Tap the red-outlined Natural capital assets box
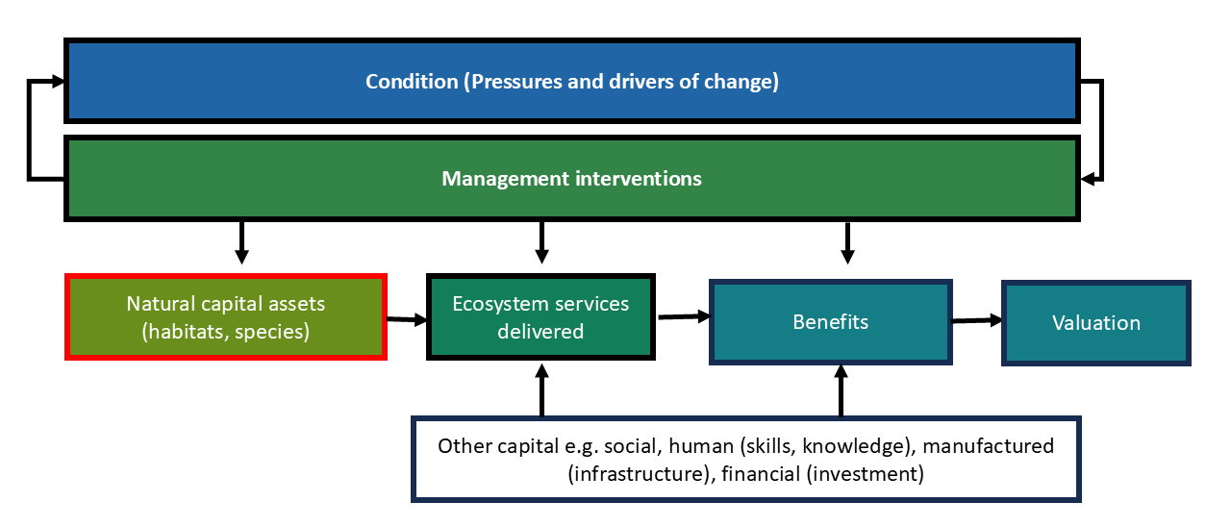pyautogui.click(x=226, y=317)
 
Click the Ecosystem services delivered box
pyautogui.click(x=540, y=317)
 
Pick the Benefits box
pyautogui.click(x=830, y=322)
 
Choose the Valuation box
pyautogui.click(x=1096, y=323)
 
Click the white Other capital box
pyautogui.click(x=746, y=460)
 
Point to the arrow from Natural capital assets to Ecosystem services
pyautogui.click(x=406, y=319)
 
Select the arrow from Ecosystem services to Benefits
pyautogui.click(x=683, y=315)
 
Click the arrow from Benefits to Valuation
pyautogui.click(x=977, y=321)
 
